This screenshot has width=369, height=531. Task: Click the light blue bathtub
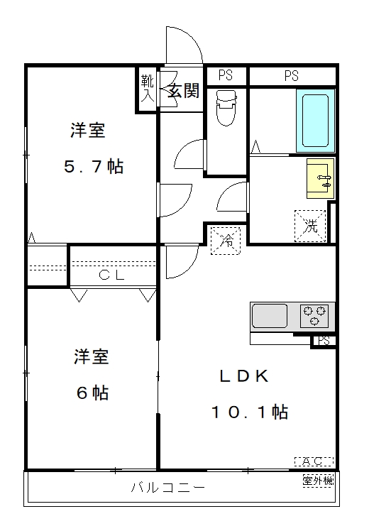pyautogui.click(x=316, y=121)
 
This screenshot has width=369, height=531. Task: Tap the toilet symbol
pyautogui.click(x=226, y=108)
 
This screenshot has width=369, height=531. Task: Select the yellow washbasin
pyautogui.click(x=320, y=178)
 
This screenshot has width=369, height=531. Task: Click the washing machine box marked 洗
pyautogui.click(x=310, y=226)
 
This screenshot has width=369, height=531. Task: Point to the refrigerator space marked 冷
pyautogui.click(x=226, y=241)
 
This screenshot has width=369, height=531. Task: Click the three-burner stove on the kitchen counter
pyautogui.click(x=314, y=317)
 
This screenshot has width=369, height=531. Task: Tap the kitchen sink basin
pyautogui.click(x=270, y=316)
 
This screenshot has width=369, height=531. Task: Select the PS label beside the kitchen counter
pyautogui.click(x=324, y=341)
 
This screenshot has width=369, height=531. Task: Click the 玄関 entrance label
pyautogui.click(x=184, y=90)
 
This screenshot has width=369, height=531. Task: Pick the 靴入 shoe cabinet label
pyautogui.click(x=148, y=89)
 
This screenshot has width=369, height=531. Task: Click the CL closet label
pyautogui.click(x=111, y=275)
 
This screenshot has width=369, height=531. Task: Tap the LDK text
pyautogui.click(x=244, y=376)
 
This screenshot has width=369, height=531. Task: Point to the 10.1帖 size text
pyautogui.click(x=250, y=412)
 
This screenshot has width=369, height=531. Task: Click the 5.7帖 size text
pyautogui.click(x=94, y=166)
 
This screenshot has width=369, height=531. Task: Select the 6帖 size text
pyautogui.click(x=92, y=393)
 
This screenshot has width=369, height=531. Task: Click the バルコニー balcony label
pyautogui.click(x=168, y=488)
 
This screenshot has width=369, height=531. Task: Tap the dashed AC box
pyautogui.click(x=314, y=461)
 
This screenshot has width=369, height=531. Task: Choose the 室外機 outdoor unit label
pyautogui.click(x=318, y=481)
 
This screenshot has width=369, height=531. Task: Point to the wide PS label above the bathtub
pyautogui.click(x=292, y=76)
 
